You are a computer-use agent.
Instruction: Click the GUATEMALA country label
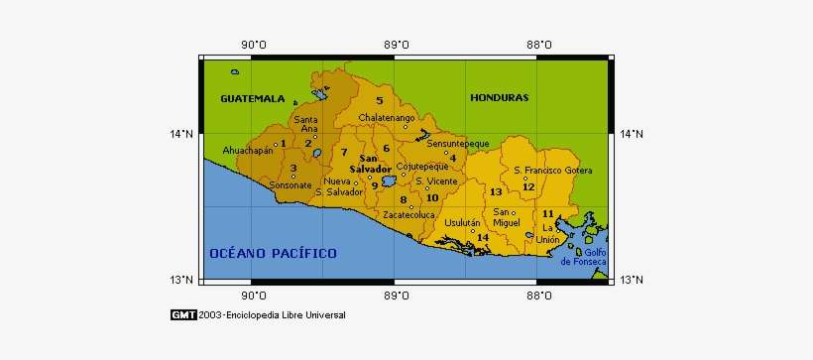click(x=252, y=99)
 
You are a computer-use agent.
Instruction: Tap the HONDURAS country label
click(x=500, y=98)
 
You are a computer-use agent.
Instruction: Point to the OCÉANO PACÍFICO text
click(x=273, y=253)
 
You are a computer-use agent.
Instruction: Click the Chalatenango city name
click(x=386, y=118)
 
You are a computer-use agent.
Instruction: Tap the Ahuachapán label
click(x=247, y=151)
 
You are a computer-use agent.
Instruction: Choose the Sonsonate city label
click(x=290, y=185)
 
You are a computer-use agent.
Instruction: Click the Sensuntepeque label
click(x=458, y=144)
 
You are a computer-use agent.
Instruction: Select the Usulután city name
click(x=463, y=223)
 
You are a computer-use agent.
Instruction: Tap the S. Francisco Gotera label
click(x=552, y=171)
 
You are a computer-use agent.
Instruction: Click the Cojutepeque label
click(x=421, y=167)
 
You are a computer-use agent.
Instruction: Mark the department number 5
click(x=379, y=101)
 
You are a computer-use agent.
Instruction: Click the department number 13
click(x=496, y=191)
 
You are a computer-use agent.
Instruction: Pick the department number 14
click(x=482, y=237)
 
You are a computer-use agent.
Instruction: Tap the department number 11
click(x=546, y=214)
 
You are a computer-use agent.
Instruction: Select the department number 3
click(x=293, y=168)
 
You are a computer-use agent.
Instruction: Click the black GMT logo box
click(x=182, y=315)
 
